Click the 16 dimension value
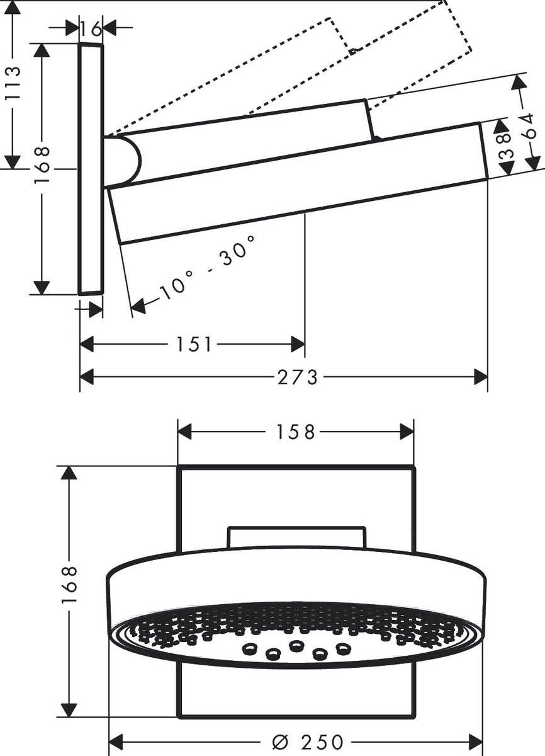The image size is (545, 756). coord(91,28)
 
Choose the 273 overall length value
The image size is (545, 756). coord(298,377)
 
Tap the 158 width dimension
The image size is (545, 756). coord(296,432)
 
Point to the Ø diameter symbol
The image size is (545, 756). coord(280,742)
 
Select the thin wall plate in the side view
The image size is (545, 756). coord(91,169)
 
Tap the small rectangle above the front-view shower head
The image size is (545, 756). coord(296,537)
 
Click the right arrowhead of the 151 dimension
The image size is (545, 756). coord(298,344)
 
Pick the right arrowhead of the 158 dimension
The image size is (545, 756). coord(407,432)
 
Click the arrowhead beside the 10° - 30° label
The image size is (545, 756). coord(138,306)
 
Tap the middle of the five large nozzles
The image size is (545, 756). coord(296,646)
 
